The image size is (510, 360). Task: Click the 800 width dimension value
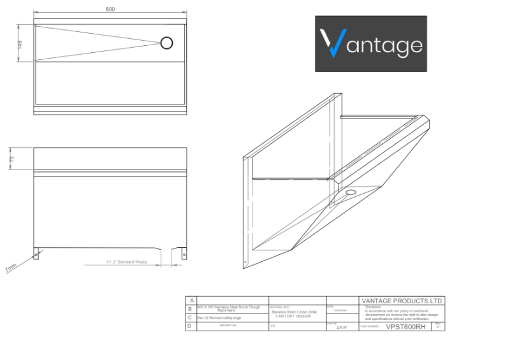tap(110, 9)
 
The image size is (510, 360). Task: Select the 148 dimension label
tap(20, 44)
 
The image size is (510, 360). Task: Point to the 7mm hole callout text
tap(11, 269)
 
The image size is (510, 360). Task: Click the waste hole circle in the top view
tap(166, 43)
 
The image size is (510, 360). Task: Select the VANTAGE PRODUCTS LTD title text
tap(402, 301)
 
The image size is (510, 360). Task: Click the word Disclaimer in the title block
tap(374, 306)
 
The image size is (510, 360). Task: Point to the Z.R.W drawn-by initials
tap(342, 327)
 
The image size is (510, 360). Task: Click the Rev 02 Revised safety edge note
tap(220, 317)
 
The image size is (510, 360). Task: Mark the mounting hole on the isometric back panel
tap(245, 261)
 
